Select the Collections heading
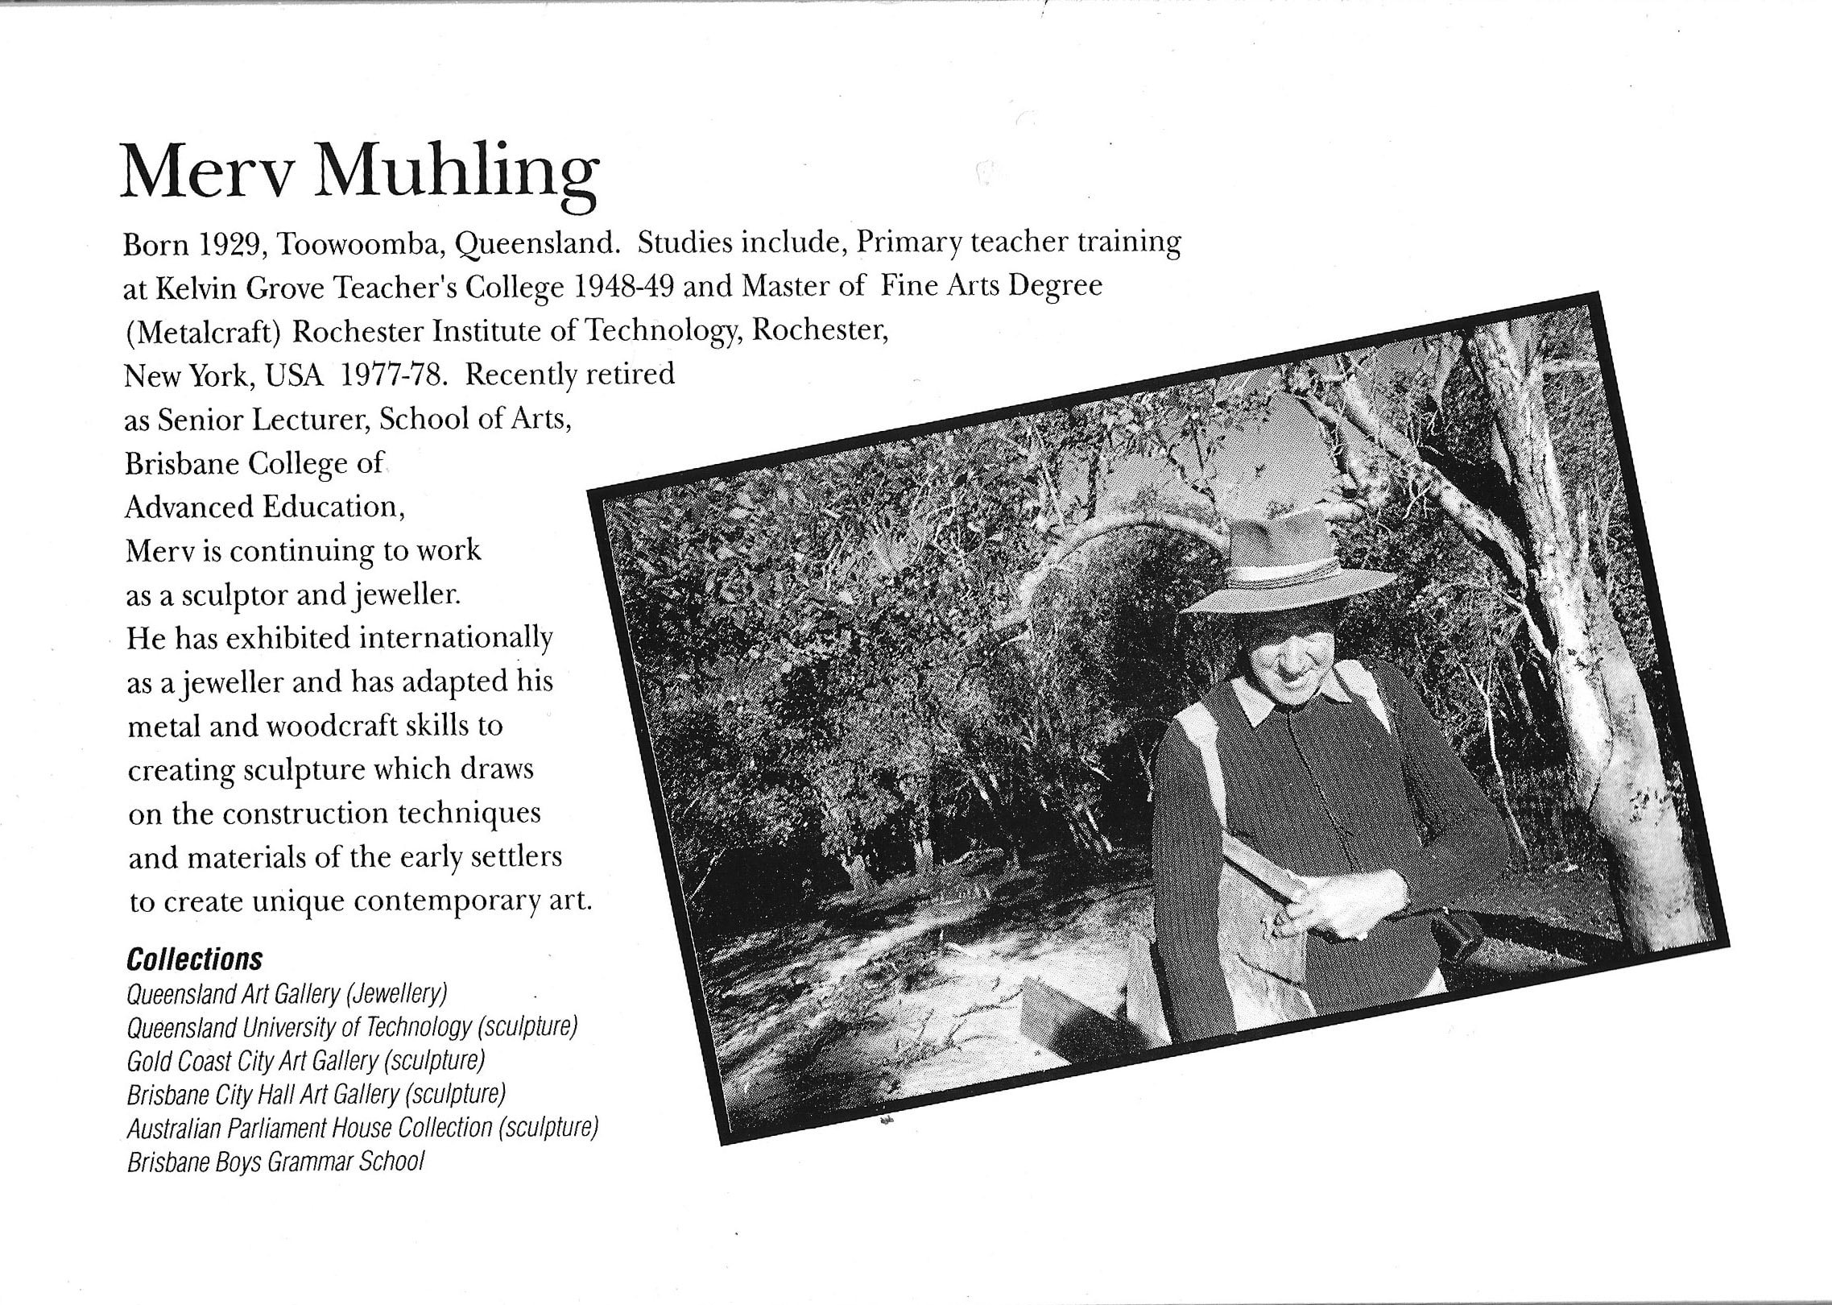(x=195, y=959)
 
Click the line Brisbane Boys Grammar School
(x=275, y=1162)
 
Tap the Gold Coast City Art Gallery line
(x=305, y=1061)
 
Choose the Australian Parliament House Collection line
(x=362, y=1128)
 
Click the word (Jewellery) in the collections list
(x=395, y=994)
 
